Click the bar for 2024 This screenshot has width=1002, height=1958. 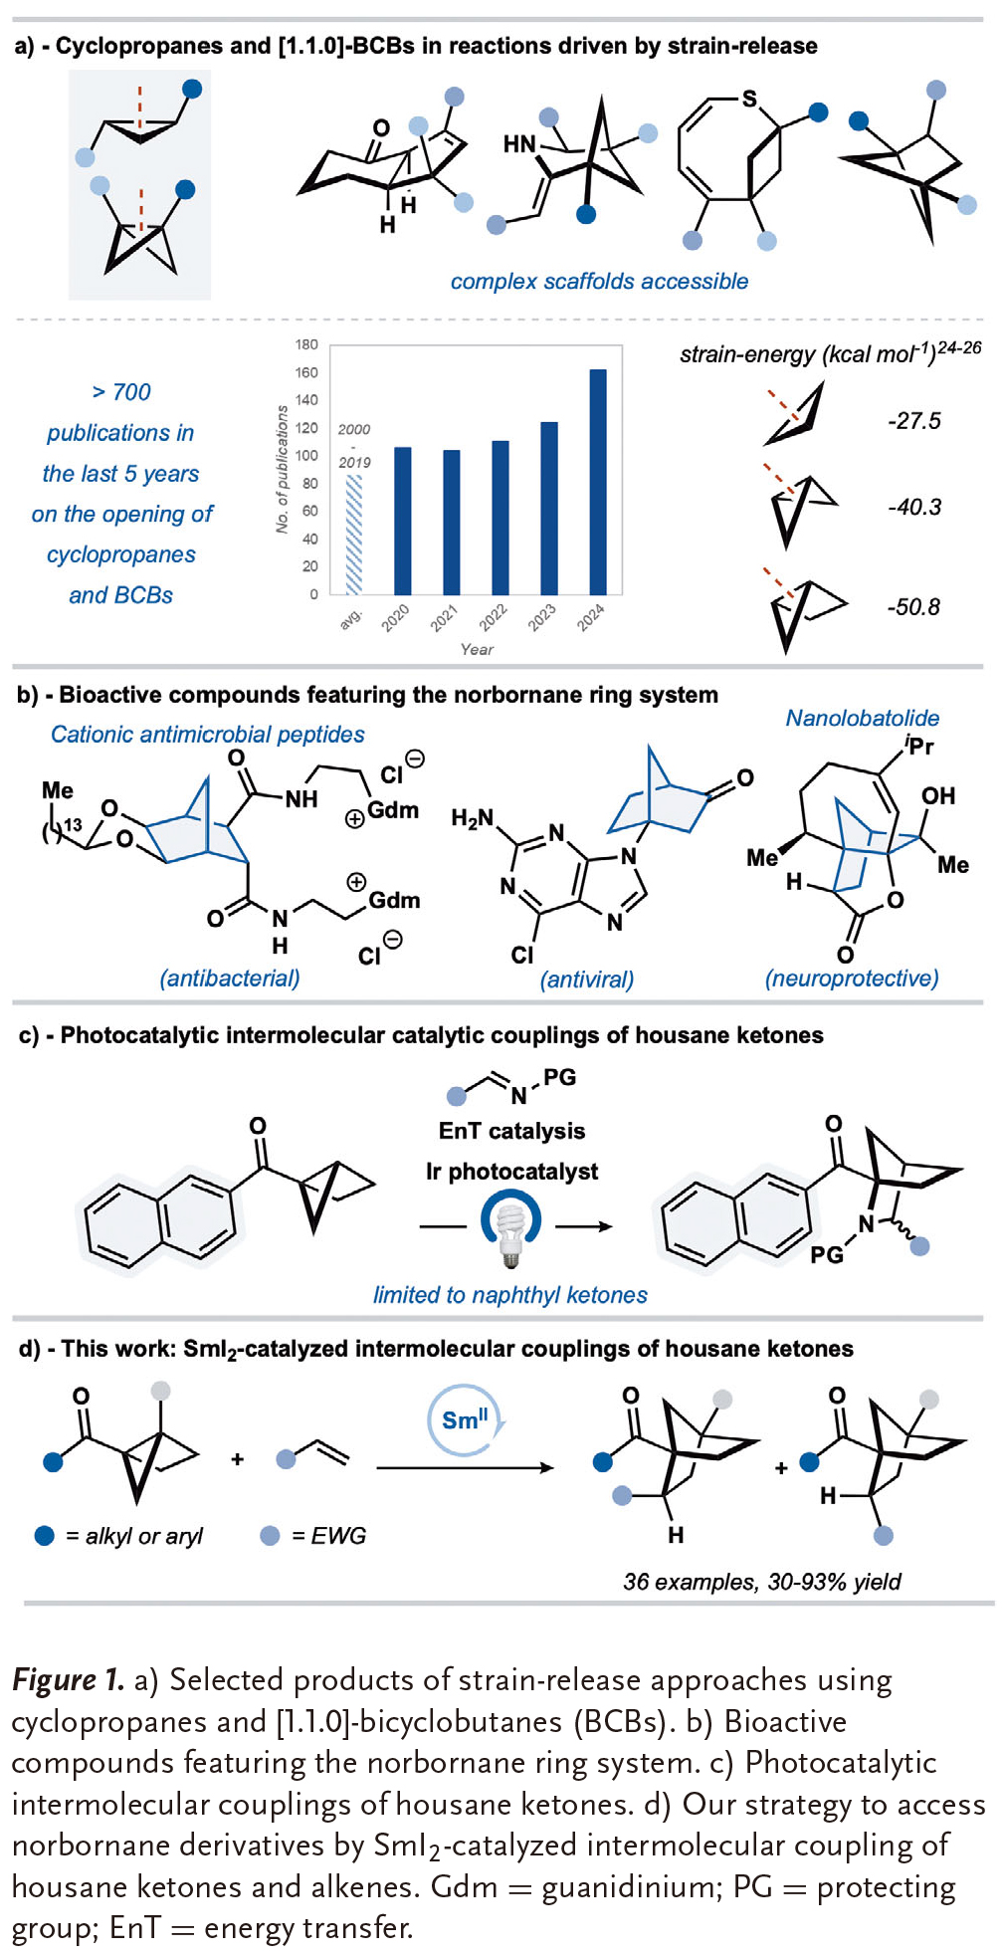click(x=598, y=482)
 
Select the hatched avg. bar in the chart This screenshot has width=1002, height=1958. click(x=353, y=535)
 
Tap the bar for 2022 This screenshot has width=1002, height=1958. click(x=501, y=518)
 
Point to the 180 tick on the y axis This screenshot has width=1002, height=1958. click(x=306, y=344)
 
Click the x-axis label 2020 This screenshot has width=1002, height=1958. click(x=395, y=618)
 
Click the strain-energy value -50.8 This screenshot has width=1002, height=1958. click(x=913, y=607)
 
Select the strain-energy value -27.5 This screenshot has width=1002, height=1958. click(x=913, y=421)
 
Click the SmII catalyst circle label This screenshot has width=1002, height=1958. click(x=466, y=1419)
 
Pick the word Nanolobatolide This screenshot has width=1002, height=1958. click(x=862, y=718)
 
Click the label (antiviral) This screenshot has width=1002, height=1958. click(x=586, y=979)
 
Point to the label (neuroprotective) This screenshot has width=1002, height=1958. click(x=851, y=979)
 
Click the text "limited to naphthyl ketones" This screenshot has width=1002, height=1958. click(x=509, y=1295)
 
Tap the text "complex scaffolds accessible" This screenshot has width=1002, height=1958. click(x=599, y=282)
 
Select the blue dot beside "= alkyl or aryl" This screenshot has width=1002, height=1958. click(x=45, y=1535)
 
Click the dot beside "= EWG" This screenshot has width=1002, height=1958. click(x=269, y=1535)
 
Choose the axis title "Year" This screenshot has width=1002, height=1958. click(x=477, y=649)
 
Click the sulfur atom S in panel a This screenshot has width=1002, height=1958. click(x=749, y=99)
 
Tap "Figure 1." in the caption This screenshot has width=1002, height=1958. click(x=68, y=1680)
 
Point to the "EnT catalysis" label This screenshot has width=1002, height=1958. click(x=511, y=1131)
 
